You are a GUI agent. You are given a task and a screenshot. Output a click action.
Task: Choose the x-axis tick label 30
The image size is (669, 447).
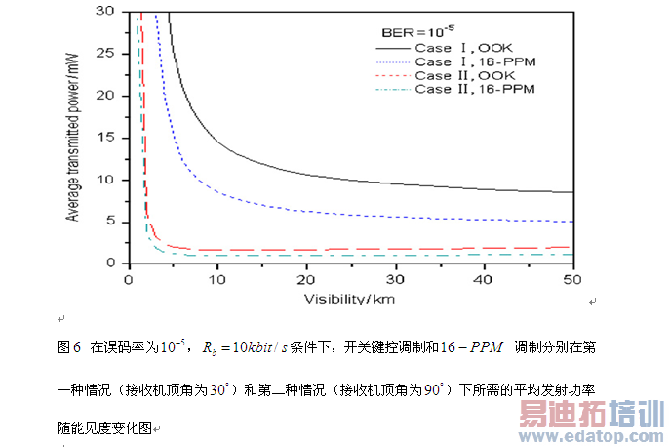(396, 278)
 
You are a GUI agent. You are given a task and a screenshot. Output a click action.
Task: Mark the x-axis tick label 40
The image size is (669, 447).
(485, 278)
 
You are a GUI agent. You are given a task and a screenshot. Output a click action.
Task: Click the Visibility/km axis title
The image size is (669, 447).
(349, 297)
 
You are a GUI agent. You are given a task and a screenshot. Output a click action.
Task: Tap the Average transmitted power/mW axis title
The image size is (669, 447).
(73, 137)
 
